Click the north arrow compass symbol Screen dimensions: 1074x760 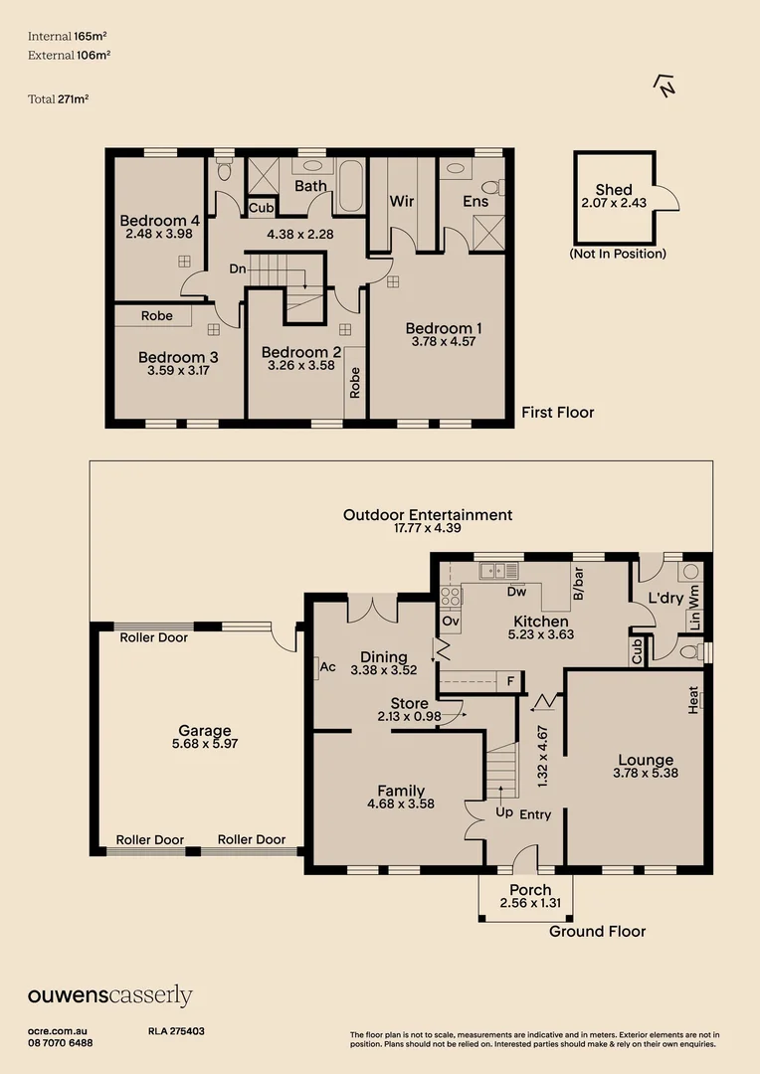(664, 87)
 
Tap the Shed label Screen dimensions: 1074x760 (614, 190)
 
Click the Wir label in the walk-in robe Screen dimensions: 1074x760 (402, 201)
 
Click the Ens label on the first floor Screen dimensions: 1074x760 (475, 201)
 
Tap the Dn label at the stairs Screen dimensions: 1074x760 (238, 268)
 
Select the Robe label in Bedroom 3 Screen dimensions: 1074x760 (157, 316)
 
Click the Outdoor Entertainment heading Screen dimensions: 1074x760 (428, 515)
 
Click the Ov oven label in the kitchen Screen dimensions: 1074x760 (451, 622)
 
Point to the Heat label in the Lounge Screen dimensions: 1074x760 (692, 701)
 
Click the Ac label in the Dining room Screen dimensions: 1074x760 (327, 667)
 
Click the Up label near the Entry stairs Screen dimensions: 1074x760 (504, 812)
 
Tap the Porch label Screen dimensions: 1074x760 (530, 889)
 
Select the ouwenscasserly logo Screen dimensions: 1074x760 (110, 995)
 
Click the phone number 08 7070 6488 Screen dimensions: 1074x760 (61, 1043)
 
